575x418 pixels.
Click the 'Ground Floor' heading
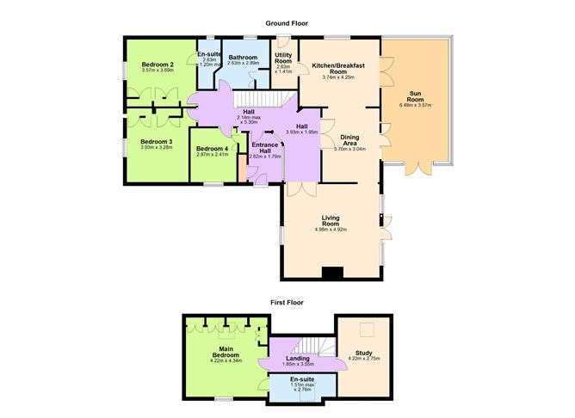[x=287, y=23]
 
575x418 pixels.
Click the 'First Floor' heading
[x=287, y=303]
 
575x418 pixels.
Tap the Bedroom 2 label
[x=158, y=65]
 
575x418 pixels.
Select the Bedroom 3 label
[x=157, y=141]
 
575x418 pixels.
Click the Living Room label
[x=332, y=220]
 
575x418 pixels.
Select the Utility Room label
[x=283, y=58]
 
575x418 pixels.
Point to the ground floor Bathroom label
[x=242, y=58]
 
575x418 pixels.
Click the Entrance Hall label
[x=264, y=148]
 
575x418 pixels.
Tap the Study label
[x=362, y=351]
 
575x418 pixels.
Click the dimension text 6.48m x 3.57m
[x=415, y=105]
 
